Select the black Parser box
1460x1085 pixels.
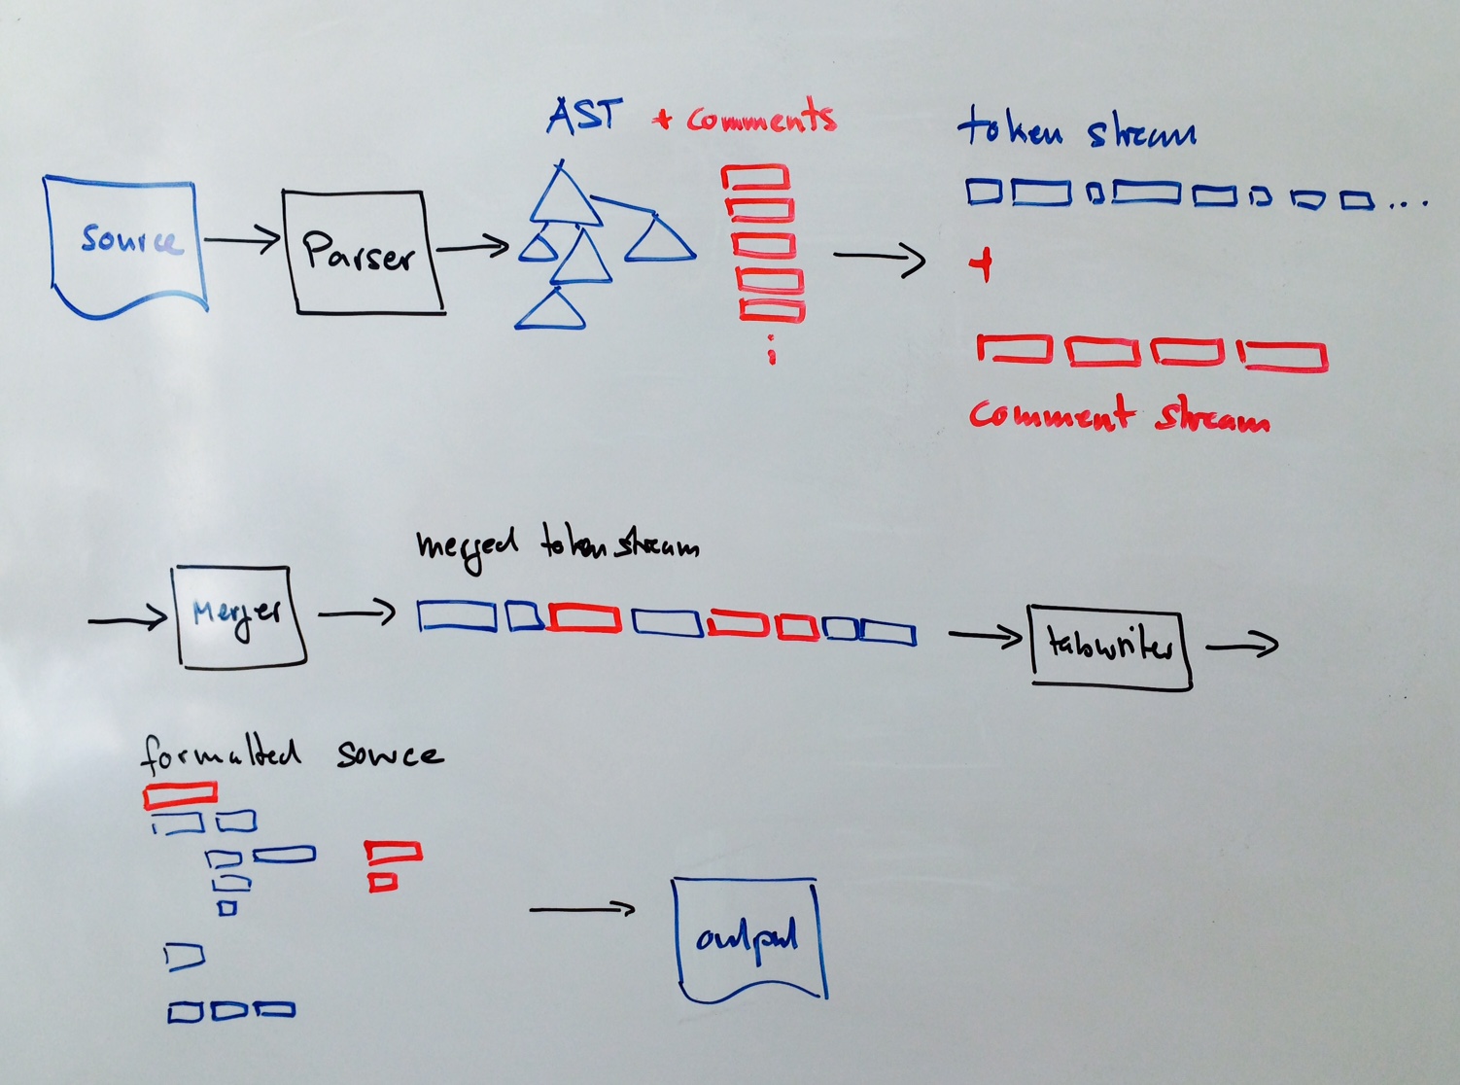363,252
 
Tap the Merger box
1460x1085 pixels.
238,615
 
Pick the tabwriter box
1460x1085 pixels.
1109,645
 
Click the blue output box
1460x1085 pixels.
748,938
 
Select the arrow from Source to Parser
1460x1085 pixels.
242,239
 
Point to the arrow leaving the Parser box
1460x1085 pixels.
473,248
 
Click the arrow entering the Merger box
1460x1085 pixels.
127,618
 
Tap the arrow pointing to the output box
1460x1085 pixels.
581,910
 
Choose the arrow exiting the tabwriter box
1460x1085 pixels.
1242,644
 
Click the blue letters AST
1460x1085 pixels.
584,116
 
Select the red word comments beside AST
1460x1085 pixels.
760,119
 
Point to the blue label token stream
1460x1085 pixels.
1076,130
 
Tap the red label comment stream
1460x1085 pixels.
1118,416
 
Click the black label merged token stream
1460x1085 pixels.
556,545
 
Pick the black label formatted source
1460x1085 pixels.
292,753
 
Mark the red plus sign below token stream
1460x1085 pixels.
984,263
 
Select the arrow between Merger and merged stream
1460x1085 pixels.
357,612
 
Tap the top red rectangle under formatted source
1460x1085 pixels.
180,794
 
